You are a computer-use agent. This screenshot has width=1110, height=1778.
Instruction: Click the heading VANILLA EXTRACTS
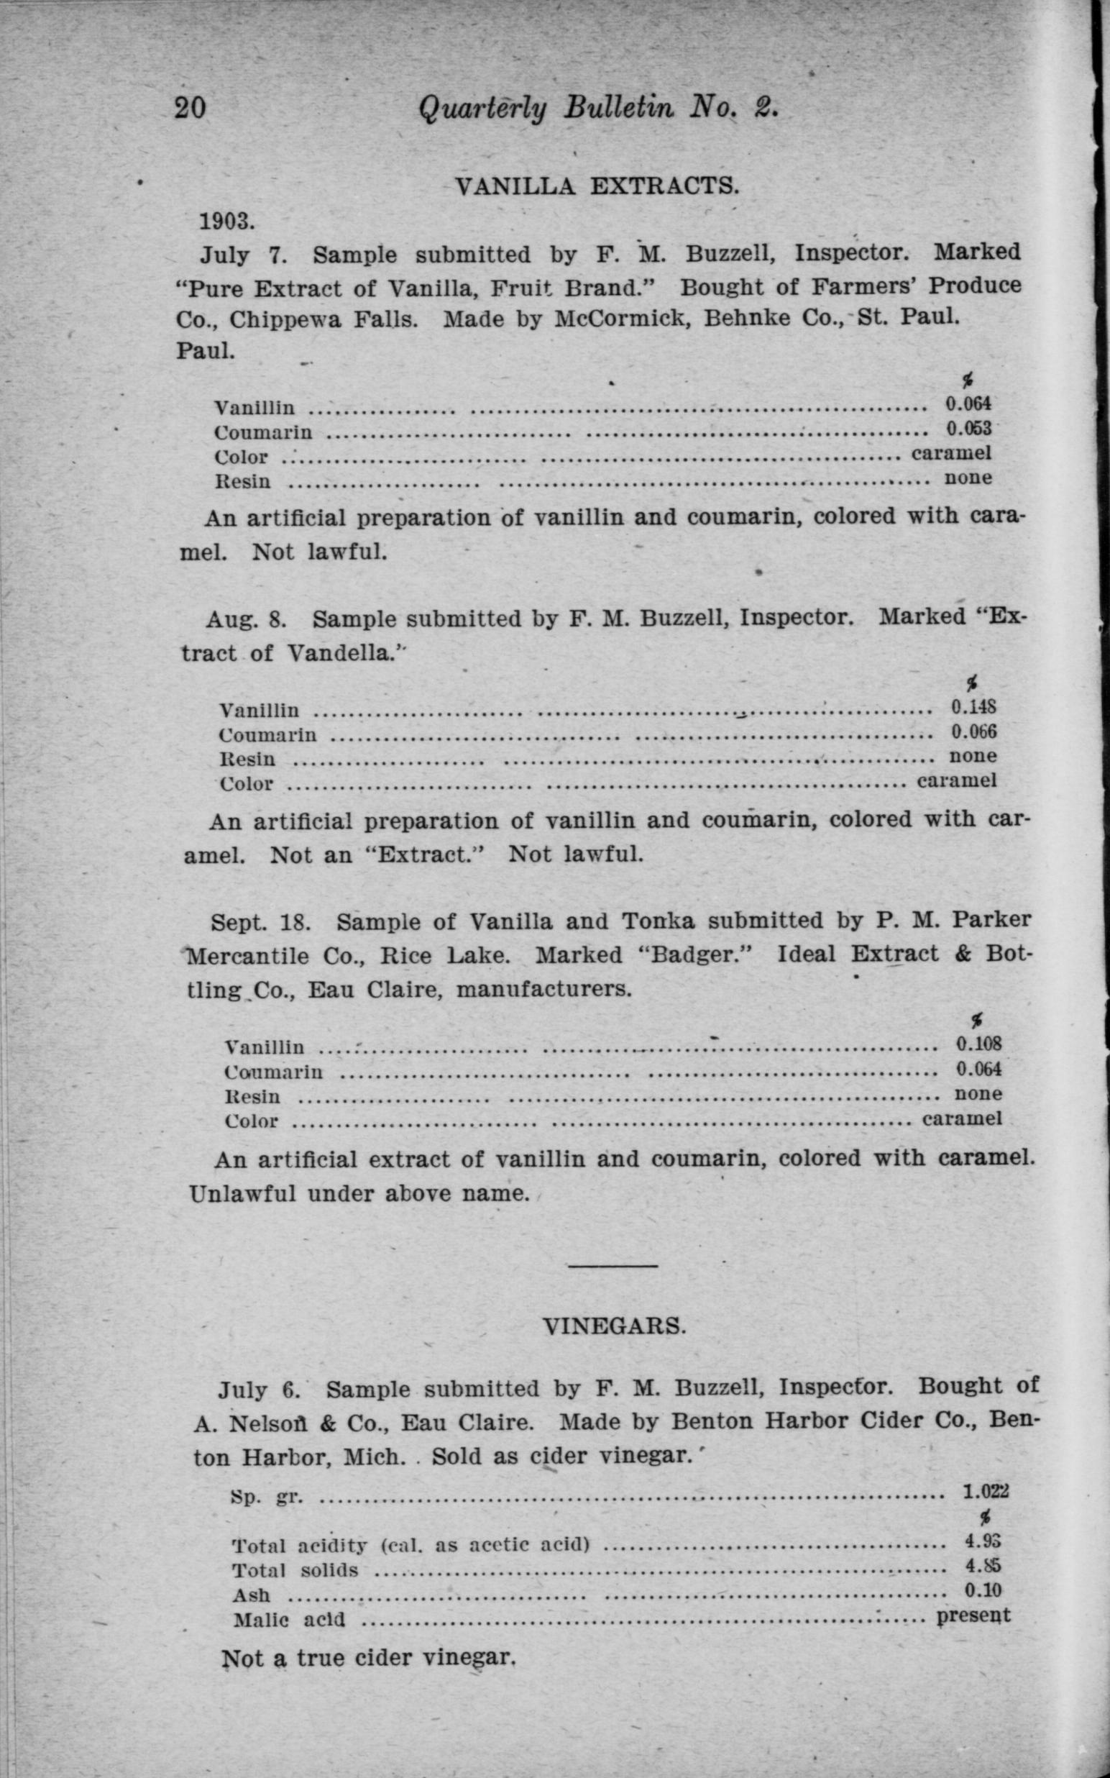(x=597, y=186)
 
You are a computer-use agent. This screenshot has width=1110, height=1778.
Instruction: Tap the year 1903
(x=227, y=220)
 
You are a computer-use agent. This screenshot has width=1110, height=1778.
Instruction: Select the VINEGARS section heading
(x=615, y=1326)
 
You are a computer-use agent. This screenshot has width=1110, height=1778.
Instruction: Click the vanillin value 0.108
(x=978, y=1044)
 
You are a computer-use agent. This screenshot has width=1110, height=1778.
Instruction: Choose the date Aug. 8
(x=245, y=619)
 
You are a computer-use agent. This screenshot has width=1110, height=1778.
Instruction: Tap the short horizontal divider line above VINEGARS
(x=613, y=1265)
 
